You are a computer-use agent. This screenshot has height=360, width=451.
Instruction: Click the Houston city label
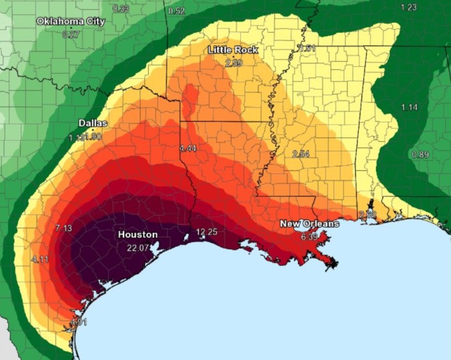138,234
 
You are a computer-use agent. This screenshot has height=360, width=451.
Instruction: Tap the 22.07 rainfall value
138,248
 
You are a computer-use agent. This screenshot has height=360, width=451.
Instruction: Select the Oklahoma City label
71,21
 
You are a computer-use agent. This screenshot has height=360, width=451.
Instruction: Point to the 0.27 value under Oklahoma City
71,35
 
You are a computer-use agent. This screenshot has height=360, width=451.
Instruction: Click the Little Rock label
233,50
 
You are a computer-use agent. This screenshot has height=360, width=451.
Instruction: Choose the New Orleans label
310,224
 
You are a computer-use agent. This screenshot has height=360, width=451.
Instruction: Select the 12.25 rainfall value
207,232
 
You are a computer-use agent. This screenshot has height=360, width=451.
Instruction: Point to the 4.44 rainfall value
188,148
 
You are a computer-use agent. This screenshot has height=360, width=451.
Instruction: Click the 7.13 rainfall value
64,228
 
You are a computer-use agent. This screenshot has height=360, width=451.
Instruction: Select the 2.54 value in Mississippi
301,154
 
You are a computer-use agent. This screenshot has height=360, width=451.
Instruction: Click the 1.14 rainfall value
409,107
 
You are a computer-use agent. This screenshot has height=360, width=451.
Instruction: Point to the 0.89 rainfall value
420,155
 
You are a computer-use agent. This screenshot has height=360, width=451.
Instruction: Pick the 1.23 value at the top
409,7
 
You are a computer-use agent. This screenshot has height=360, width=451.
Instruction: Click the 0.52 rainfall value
177,11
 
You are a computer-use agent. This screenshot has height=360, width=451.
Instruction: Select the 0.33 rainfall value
121,8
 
